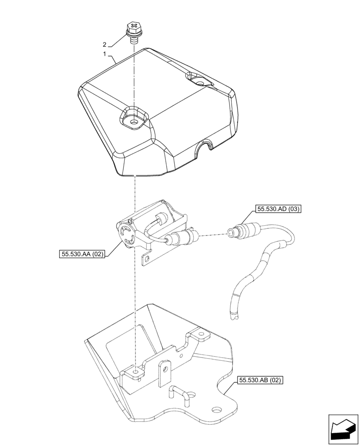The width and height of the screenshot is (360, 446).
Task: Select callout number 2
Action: pos(105,45)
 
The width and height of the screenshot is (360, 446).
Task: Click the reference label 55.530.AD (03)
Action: pos(278,208)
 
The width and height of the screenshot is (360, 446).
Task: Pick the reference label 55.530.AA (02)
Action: pos(82,255)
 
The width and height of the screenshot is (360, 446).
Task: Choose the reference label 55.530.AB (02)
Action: pos(261,380)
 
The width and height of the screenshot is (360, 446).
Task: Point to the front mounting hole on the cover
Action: pos(133,120)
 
